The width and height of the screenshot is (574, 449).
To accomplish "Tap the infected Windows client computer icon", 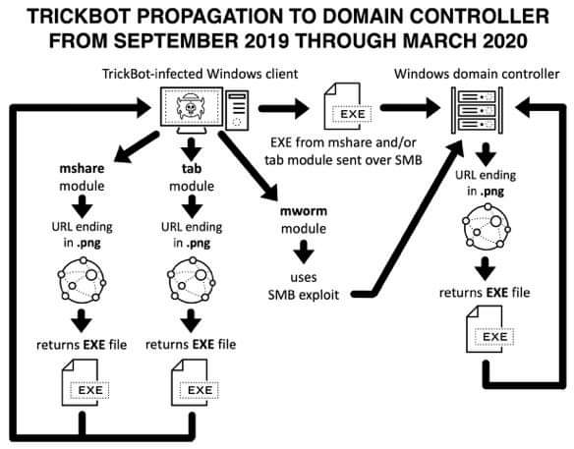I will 201,109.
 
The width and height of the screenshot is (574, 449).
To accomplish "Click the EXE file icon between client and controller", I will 347,109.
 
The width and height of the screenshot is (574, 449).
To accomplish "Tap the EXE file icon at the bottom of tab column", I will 192,384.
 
